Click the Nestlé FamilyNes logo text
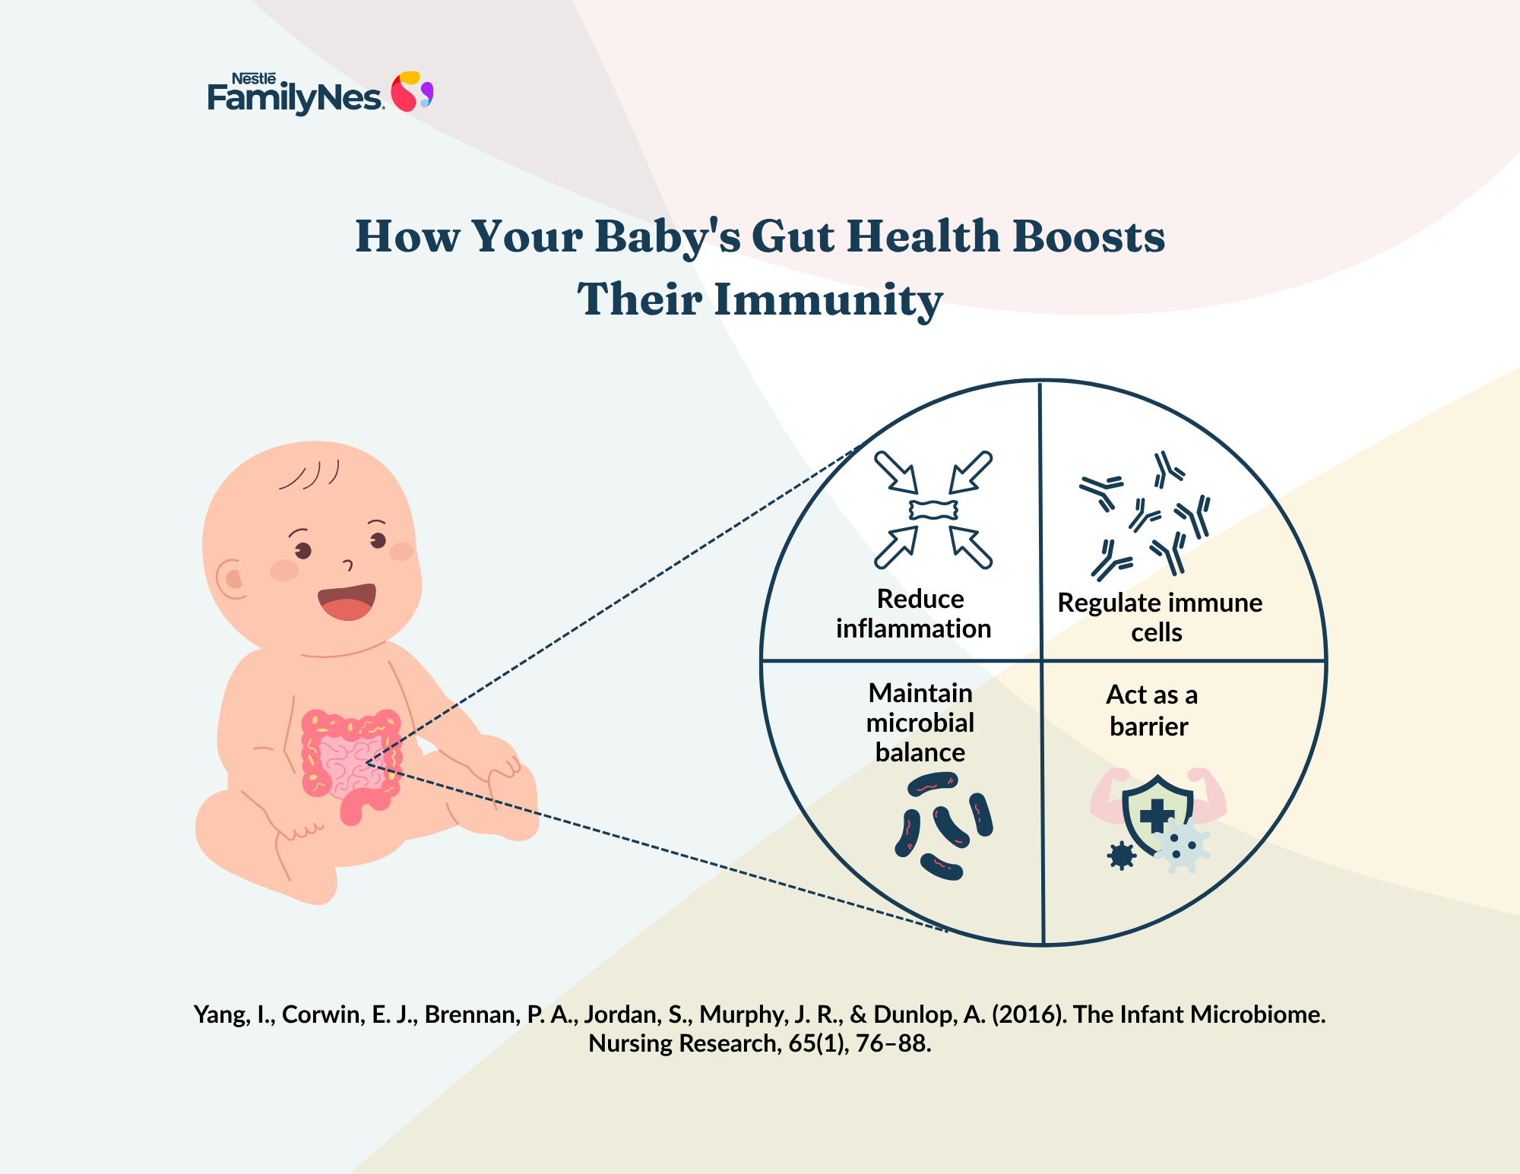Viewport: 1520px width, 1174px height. [x=295, y=94]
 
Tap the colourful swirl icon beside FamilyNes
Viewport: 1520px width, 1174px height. [x=412, y=91]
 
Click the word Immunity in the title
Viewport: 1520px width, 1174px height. [x=828, y=300]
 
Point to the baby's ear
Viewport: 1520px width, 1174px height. [x=230, y=580]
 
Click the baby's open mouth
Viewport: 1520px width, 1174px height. [x=347, y=602]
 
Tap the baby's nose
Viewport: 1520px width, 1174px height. [x=348, y=565]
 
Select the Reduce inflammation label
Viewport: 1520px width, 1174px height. [x=914, y=614]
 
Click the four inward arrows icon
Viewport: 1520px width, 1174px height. [x=933, y=509]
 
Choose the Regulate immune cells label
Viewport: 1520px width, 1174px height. [x=1160, y=617]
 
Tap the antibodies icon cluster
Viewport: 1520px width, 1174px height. [x=1144, y=514]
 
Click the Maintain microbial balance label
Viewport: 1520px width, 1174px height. [x=920, y=723]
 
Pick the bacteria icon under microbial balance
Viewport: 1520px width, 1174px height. [x=944, y=826]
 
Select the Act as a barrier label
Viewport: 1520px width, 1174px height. [x=1151, y=710]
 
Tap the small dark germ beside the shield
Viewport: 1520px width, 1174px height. [x=1122, y=856]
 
